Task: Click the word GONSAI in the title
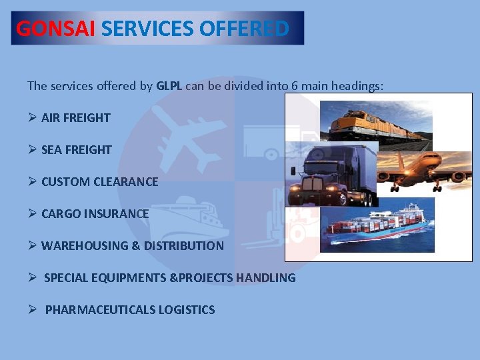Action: (x=56, y=29)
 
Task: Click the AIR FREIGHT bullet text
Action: (x=75, y=118)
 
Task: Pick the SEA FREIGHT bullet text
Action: (x=76, y=150)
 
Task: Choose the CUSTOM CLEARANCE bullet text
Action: (x=99, y=182)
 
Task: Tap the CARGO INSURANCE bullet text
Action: (x=95, y=214)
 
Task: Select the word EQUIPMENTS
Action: (x=131, y=278)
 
